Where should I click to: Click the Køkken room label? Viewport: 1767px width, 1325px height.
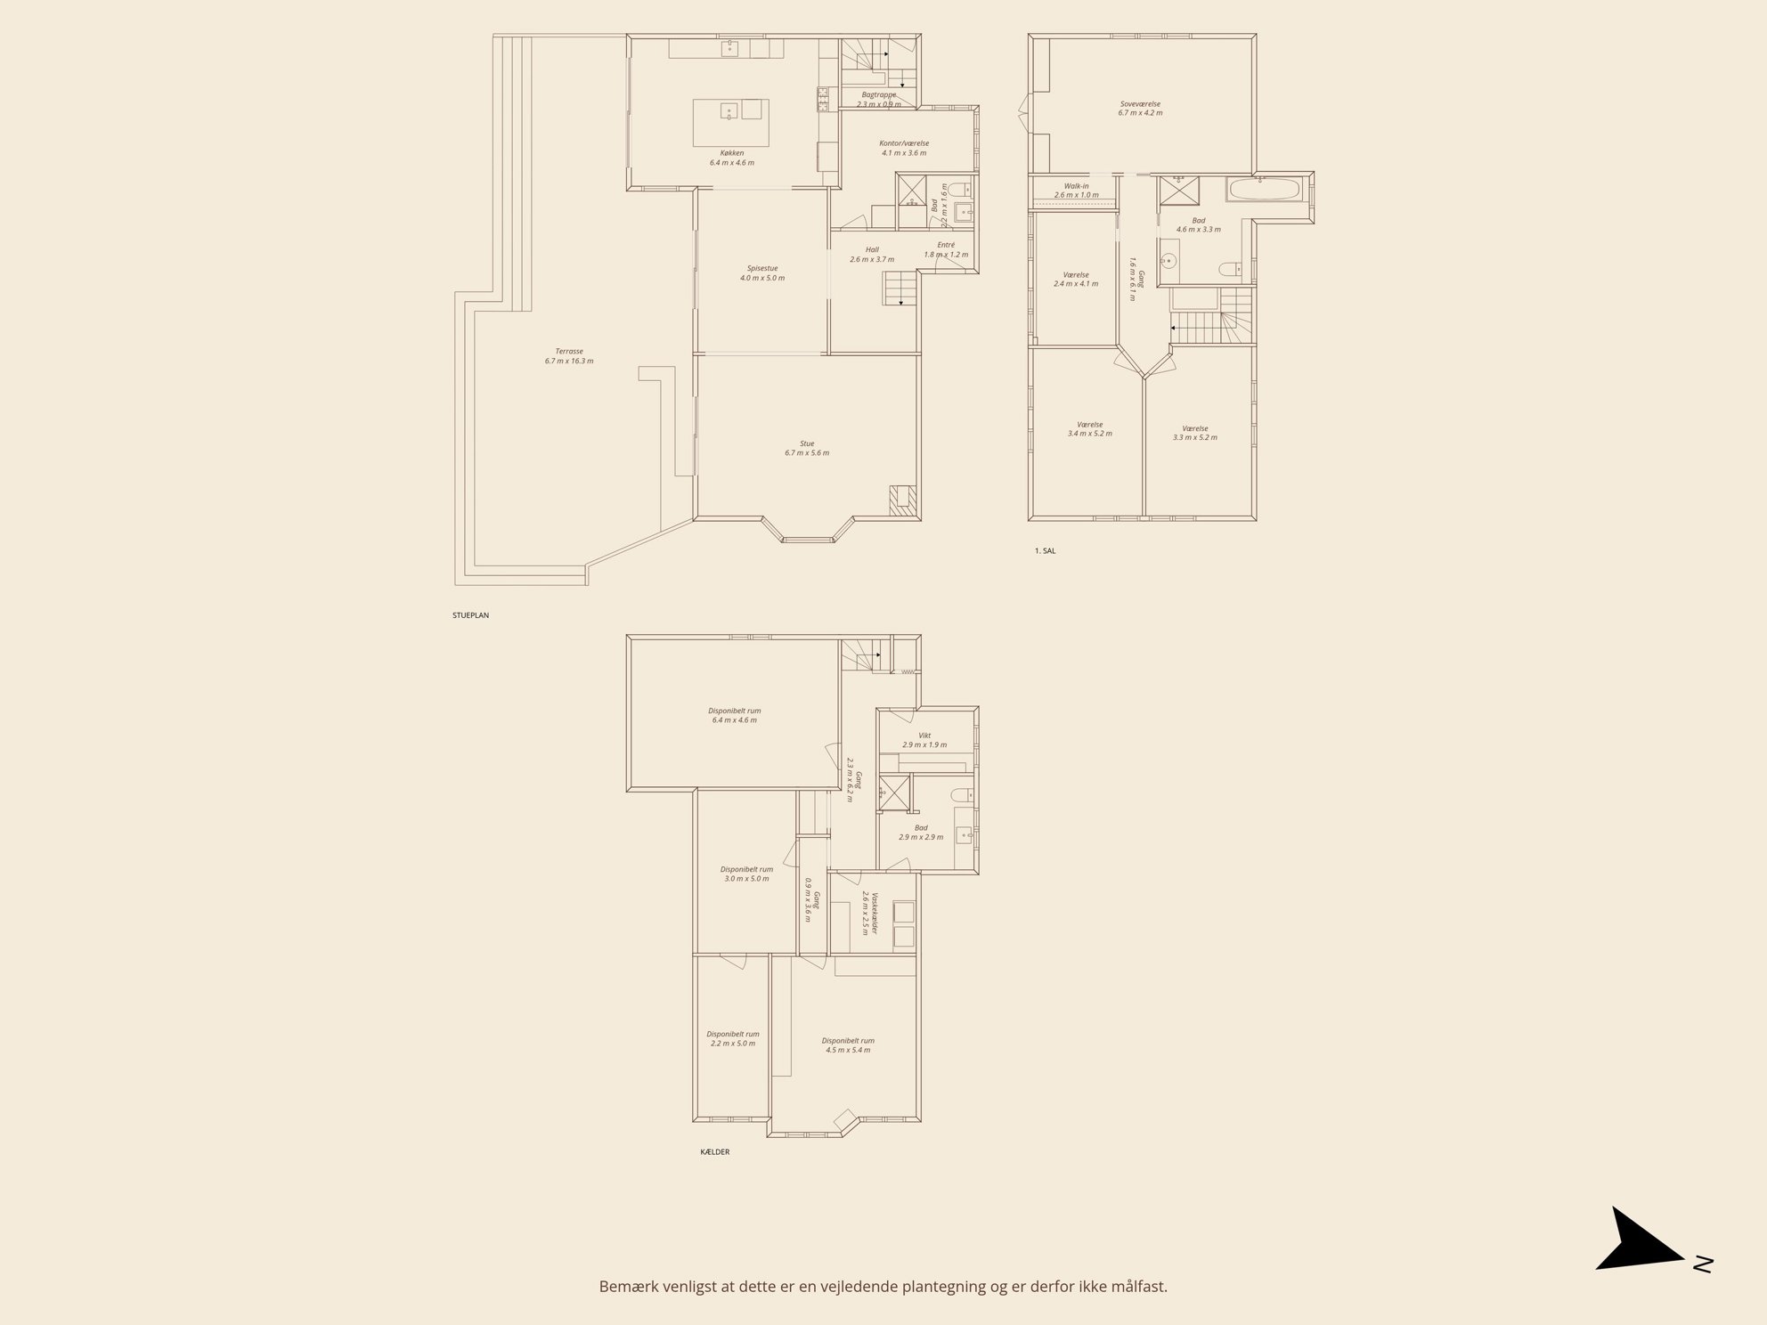pos(732,152)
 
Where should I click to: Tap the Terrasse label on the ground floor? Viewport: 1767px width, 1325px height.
pos(569,351)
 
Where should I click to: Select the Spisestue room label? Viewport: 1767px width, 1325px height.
pos(761,268)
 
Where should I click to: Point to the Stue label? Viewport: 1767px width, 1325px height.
pos(806,443)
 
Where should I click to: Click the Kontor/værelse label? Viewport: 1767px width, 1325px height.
pos(904,143)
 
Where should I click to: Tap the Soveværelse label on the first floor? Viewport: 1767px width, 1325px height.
pos(1141,103)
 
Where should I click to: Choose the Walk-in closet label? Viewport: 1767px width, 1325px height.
pos(1076,186)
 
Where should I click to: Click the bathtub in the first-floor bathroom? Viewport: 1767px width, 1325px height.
pos(1264,190)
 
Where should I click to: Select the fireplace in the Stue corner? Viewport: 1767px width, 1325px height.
pos(902,500)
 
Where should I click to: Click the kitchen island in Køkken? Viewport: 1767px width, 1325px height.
pos(731,123)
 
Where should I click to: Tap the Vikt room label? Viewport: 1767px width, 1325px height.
pos(924,735)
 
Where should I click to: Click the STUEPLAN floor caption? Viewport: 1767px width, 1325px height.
pos(470,615)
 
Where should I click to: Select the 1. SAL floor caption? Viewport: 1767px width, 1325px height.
pos(1045,551)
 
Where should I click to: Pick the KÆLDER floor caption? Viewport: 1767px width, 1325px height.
pos(715,1151)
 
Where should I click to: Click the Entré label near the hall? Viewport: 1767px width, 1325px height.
pos(946,245)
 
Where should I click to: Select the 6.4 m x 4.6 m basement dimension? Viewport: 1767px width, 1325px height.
pos(735,719)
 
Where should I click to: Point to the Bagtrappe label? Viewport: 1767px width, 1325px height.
pos(879,94)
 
